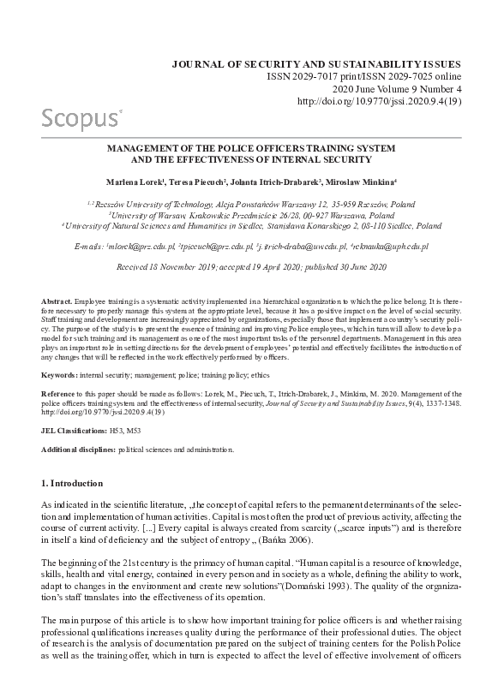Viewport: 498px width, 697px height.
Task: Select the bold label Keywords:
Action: [x=63, y=375]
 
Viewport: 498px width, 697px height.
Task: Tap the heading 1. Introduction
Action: [x=72, y=483]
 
